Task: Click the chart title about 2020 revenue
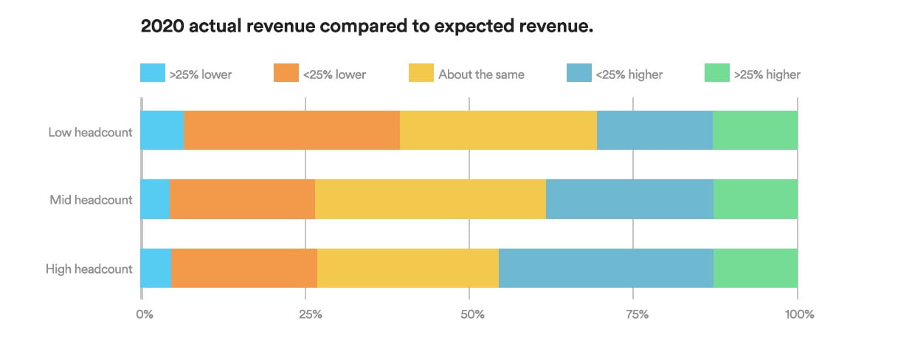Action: click(x=367, y=27)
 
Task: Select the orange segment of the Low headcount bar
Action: click(x=291, y=131)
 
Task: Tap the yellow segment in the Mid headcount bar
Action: click(x=430, y=199)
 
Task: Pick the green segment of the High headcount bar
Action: click(x=755, y=268)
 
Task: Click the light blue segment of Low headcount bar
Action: click(x=162, y=131)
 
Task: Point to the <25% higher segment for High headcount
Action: click(x=606, y=268)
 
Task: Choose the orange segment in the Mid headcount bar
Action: click(x=242, y=199)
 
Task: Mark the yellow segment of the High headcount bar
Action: click(x=407, y=268)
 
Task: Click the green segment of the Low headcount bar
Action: click(x=755, y=131)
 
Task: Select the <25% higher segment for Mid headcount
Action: click(x=629, y=199)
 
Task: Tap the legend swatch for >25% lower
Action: click(x=152, y=73)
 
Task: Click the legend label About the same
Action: click(x=481, y=74)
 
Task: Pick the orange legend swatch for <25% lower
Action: click(x=286, y=73)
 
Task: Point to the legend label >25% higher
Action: click(x=767, y=74)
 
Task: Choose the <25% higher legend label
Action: click(x=629, y=74)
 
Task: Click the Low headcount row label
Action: click(x=90, y=133)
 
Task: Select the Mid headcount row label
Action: click(x=91, y=200)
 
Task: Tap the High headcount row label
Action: click(x=89, y=269)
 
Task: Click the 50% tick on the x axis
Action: click(x=472, y=314)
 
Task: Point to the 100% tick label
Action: click(x=799, y=314)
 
